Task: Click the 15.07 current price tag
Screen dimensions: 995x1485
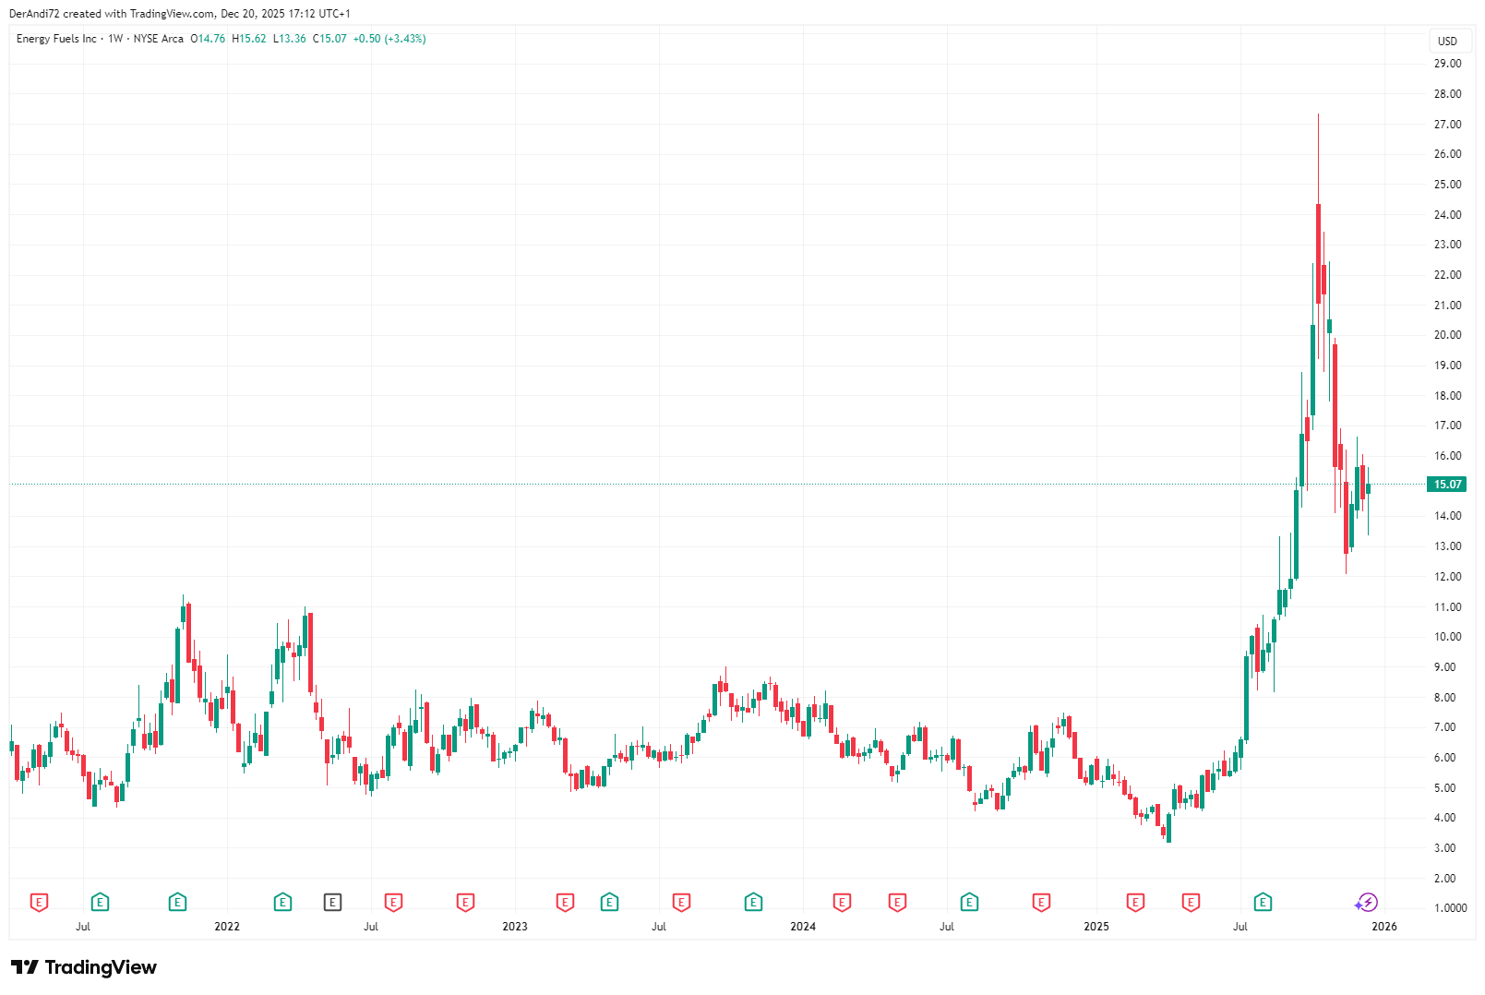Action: tap(1446, 485)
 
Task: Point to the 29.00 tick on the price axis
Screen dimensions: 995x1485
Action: tap(1447, 64)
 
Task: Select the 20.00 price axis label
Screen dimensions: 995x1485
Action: tap(1447, 335)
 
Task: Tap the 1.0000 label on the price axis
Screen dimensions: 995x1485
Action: tap(1450, 908)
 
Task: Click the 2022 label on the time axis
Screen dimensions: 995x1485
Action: tap(226, 927)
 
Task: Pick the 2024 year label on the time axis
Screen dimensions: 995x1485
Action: tap(803, 927)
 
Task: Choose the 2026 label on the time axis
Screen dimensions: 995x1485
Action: tap(1384, 927)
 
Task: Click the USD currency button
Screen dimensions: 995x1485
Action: tap(1447, 42)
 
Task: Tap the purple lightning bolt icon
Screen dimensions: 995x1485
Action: tap(1368, 903)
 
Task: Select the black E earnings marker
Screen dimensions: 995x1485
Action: tap(332, 903)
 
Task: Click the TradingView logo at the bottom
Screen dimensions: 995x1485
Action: tap(84, 967)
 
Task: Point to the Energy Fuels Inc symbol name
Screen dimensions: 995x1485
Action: tap(56, 39)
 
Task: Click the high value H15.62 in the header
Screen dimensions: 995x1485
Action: tap(249, 39)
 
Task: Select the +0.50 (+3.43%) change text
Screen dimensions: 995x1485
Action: tap(389, 39)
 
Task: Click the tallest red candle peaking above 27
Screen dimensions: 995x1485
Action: tap(1318, 249)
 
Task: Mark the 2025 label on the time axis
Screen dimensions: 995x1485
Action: tap(1096, 927)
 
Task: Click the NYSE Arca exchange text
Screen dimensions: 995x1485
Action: tap(159, 39)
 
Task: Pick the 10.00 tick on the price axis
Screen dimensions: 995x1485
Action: tap(1447, 637)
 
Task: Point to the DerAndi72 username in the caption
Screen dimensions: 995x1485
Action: tap(34, 14)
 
